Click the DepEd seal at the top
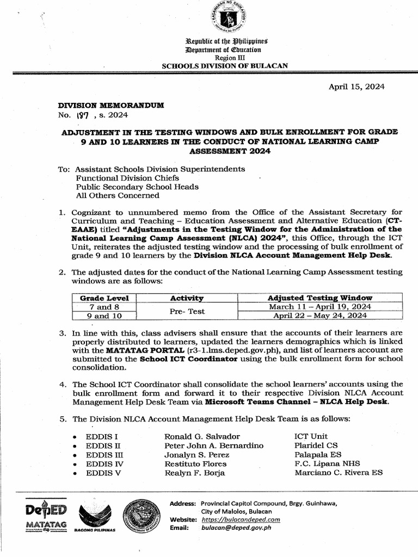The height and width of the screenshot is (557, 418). tap(227, 22)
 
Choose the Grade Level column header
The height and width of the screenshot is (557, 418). tap(104, 298)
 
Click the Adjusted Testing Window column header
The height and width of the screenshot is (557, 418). tap(320, 298)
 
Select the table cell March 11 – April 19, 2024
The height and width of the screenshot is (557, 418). tap(320, 306)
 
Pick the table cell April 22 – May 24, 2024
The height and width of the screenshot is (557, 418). tap(320, 315)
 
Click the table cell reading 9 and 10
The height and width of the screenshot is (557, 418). tap(104, 315)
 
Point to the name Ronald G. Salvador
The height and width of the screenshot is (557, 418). tap(201, 436)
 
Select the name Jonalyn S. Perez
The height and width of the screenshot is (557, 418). tap(196, 454)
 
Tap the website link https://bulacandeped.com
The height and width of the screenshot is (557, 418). tap(241, 519)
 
